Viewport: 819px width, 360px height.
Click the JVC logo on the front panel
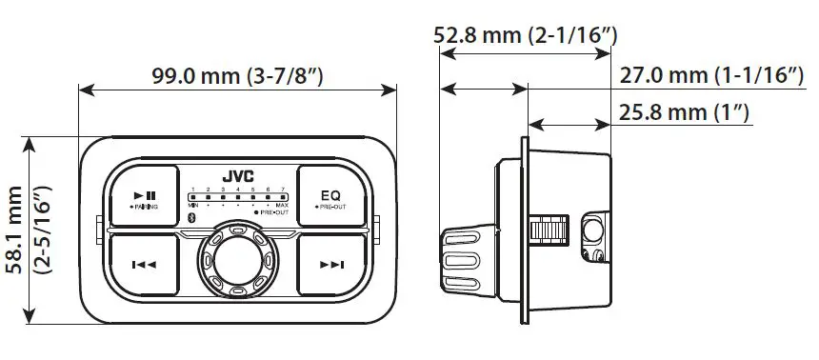(237, 176)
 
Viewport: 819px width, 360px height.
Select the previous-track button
(144, 264)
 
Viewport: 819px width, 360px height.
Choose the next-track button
(331, 264)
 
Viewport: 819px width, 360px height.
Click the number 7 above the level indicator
(282, 190)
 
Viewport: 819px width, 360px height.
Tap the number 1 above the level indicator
(192, 190)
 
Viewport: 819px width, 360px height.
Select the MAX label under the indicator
(282, 205)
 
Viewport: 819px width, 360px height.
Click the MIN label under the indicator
(192, 205)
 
